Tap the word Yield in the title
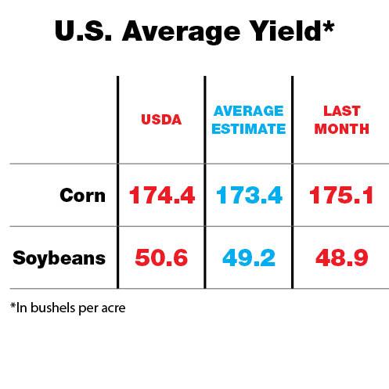[x=290, y=32]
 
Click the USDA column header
[x=161, y=121]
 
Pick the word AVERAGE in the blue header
[x=248, y=113]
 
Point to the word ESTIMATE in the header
[x=248, y=129]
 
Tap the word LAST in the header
[x=341, y=113]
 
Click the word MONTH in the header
[x=341, y=129]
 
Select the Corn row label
[x=82, y=195]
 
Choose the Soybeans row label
[x=59, y=258]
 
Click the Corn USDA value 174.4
[x=161, y=196]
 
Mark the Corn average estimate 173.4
[x=248, y=196]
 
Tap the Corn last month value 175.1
[x=341, y=196]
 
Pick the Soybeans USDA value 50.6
[x=161, y=258]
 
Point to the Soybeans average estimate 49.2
[x=248, y=258]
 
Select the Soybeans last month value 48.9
[x=341, y=258]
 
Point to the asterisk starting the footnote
[x=13, y=305]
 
